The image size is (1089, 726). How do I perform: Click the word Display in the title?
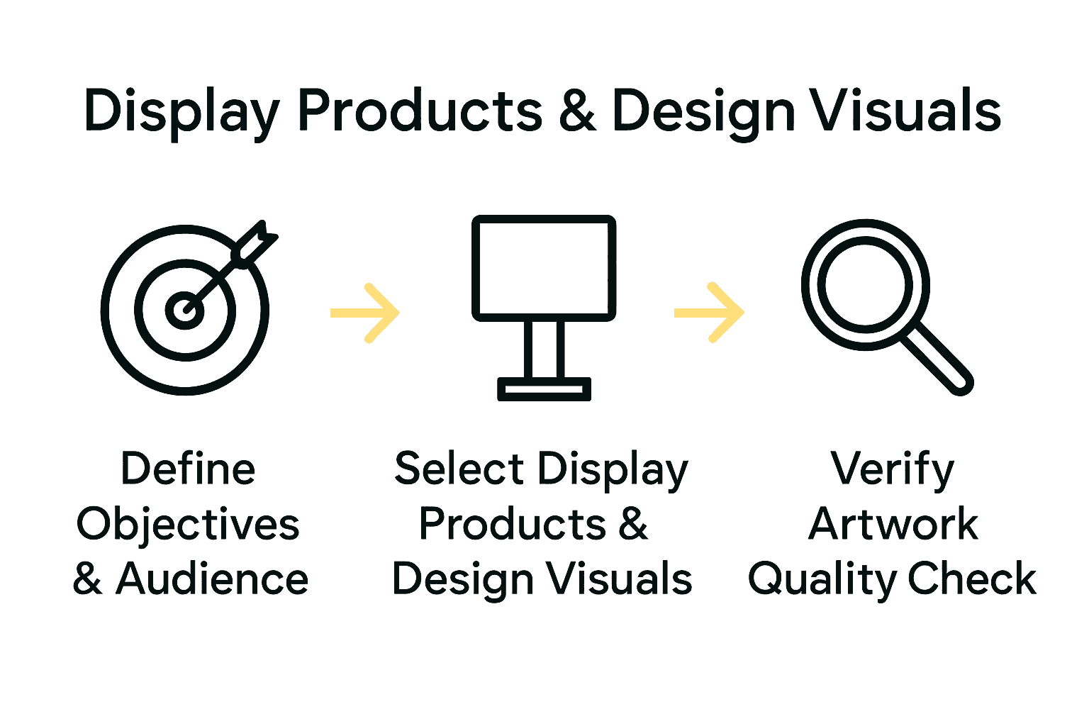click(181, 112)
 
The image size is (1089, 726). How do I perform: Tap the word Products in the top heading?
click(420, 112)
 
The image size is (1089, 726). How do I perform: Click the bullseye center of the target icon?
click(184, 310)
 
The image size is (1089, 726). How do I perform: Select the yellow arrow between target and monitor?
click(366, 313)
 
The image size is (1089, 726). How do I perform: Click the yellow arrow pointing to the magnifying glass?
click(709, 313)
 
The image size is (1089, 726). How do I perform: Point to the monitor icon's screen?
click(544, 268)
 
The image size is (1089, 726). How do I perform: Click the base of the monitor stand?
click(544, 389)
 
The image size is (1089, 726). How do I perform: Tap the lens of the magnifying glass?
click(865, 284)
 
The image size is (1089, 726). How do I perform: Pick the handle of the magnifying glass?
click(936, 358)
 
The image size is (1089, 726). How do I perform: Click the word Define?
click(188, 469)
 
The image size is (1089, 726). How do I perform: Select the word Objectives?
click(188, 525)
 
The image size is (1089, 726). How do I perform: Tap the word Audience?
click(212, 579)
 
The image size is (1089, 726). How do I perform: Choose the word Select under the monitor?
click(459, 469)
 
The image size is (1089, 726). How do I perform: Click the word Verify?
click(893, 469)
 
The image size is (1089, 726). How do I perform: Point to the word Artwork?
click(893, 525)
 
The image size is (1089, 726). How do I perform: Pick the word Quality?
click(822, 579)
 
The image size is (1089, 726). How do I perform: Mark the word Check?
click(972, 579)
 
